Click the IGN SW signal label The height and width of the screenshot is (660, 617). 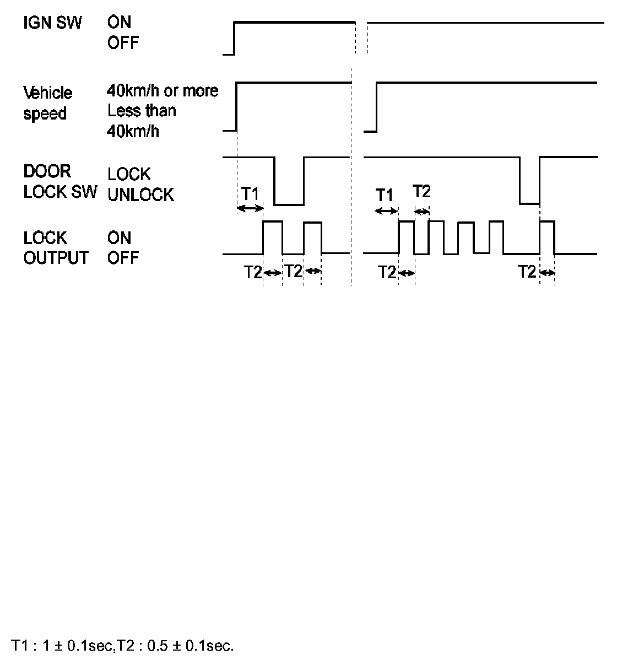(52, 23)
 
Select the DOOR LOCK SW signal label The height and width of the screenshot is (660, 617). (59, 181)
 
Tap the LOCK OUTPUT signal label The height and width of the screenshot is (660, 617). (56, 248)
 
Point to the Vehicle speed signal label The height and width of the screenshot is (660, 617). (47, 103)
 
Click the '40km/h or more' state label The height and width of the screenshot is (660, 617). (163, 90)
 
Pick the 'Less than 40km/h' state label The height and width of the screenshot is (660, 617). (142, 121)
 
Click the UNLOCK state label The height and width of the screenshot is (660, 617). (140, 195)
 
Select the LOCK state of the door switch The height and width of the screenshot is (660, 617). (129, 174)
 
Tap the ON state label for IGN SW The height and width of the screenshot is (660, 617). (120, 23)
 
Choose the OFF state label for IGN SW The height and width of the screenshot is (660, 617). (123, 43)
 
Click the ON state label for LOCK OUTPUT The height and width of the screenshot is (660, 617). (120, 238)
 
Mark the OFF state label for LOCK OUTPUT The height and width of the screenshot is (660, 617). (123, 258)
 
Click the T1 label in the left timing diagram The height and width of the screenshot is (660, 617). (250, 194)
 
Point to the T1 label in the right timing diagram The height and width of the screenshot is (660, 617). (385, 195)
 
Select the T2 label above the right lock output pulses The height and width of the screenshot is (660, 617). (421, 192)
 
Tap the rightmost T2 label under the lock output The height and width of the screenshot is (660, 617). (527, 272)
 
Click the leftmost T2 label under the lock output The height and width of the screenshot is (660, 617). (253, 272)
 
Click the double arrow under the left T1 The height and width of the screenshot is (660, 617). (250, 208)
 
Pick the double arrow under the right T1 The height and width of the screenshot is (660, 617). (386, 211)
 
